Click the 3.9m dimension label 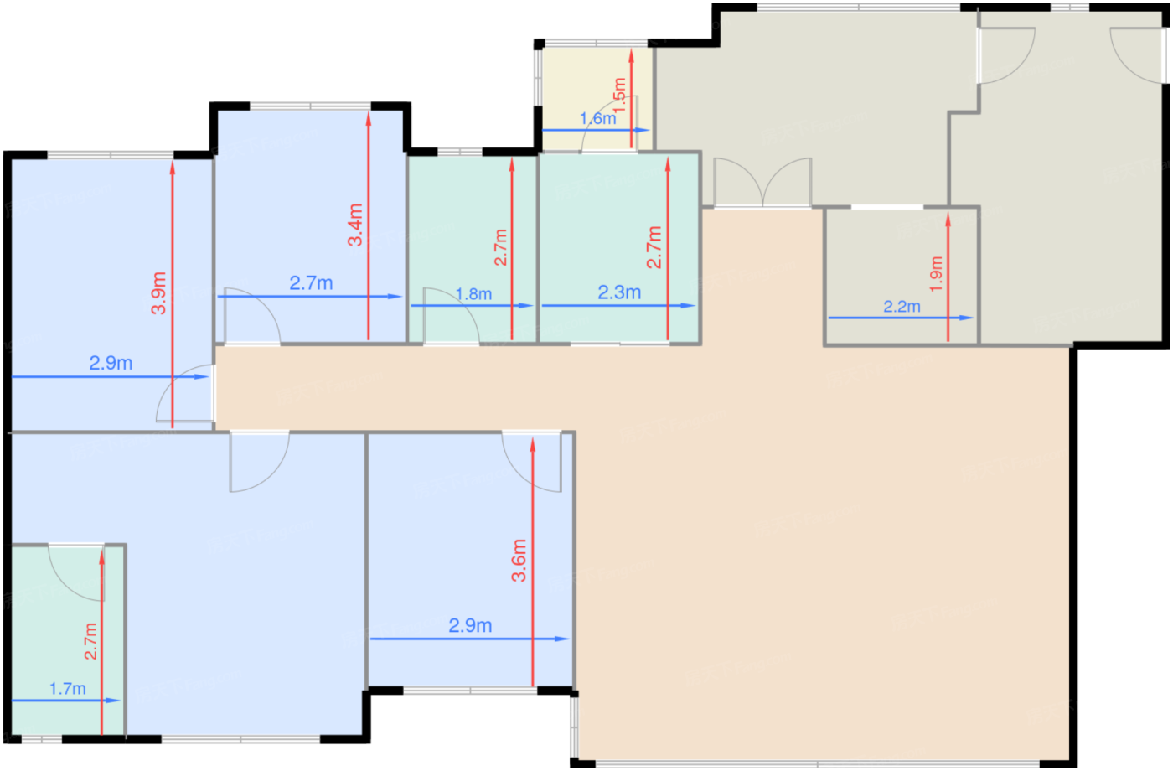pos(158,293)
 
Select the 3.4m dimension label pos(355,225)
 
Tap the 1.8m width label pos(473,294)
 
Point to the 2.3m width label pos(619,292)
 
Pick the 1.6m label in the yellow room pos(597,119)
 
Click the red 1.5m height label pos(620,96)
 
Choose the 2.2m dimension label pos(902,307)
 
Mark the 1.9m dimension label pos(936,274)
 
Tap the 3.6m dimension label pos(519,561)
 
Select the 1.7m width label pos(68,689)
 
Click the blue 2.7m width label pos(311,283)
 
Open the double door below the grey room pos(762,183)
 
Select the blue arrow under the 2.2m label pos(901,318)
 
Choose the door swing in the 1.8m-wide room pos(452,314)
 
